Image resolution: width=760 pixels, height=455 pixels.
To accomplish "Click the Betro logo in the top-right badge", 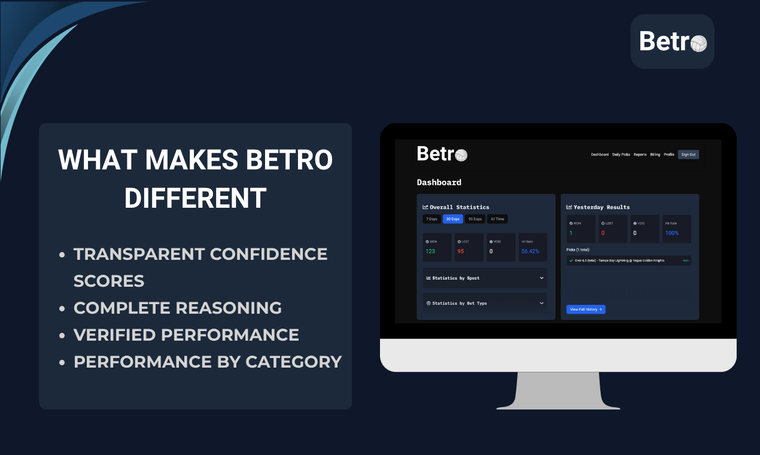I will pyautogui.click(x=673, y=41).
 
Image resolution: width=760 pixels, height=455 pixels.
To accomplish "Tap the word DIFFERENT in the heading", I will pyautogui.click(x=195, y=198).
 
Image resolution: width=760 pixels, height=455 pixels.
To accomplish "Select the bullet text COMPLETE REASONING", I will pyautogui.click(x=177, y=308).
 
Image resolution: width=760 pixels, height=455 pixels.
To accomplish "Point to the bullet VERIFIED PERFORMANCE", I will pyautogui.click(x=186, y=335).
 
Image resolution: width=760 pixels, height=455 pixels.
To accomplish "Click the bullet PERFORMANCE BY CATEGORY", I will pyautogui.click(x=207, y=362).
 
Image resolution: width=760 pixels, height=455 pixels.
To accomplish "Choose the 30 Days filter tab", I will pyautogui.click(x=452, y=219).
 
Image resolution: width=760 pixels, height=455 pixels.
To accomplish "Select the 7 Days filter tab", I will pyautogui.click(x=431, y=219).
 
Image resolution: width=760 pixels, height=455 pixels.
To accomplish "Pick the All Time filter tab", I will pyautogui.click(x=497, y=219).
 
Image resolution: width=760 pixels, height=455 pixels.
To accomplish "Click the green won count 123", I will pyautogui.click(x=430, y=251).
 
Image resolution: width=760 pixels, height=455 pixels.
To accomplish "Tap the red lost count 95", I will pyautogui.click(x=461, y=251).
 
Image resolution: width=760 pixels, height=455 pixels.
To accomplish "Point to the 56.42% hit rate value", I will pyautogui.click(x=530, y=251).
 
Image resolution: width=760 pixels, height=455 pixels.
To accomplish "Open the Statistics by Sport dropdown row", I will pyautogui.click(x=485, y=278).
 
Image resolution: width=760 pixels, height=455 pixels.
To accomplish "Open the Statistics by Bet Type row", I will pyautogui.click(x=485, y=303).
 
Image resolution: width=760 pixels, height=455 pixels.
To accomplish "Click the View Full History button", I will pyautogui.click(x=586, y=310).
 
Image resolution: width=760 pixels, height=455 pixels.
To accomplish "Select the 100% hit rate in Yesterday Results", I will pyautogui.click(x=671, y=233).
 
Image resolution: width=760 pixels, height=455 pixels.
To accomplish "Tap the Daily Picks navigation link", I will pyautogui.click(x=621, y=154).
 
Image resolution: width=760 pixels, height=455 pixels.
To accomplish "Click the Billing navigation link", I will pyautogui.click(x=655, y=154).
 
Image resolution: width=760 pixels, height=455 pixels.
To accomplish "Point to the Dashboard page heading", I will pyautogui.click(x=439, y=182).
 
